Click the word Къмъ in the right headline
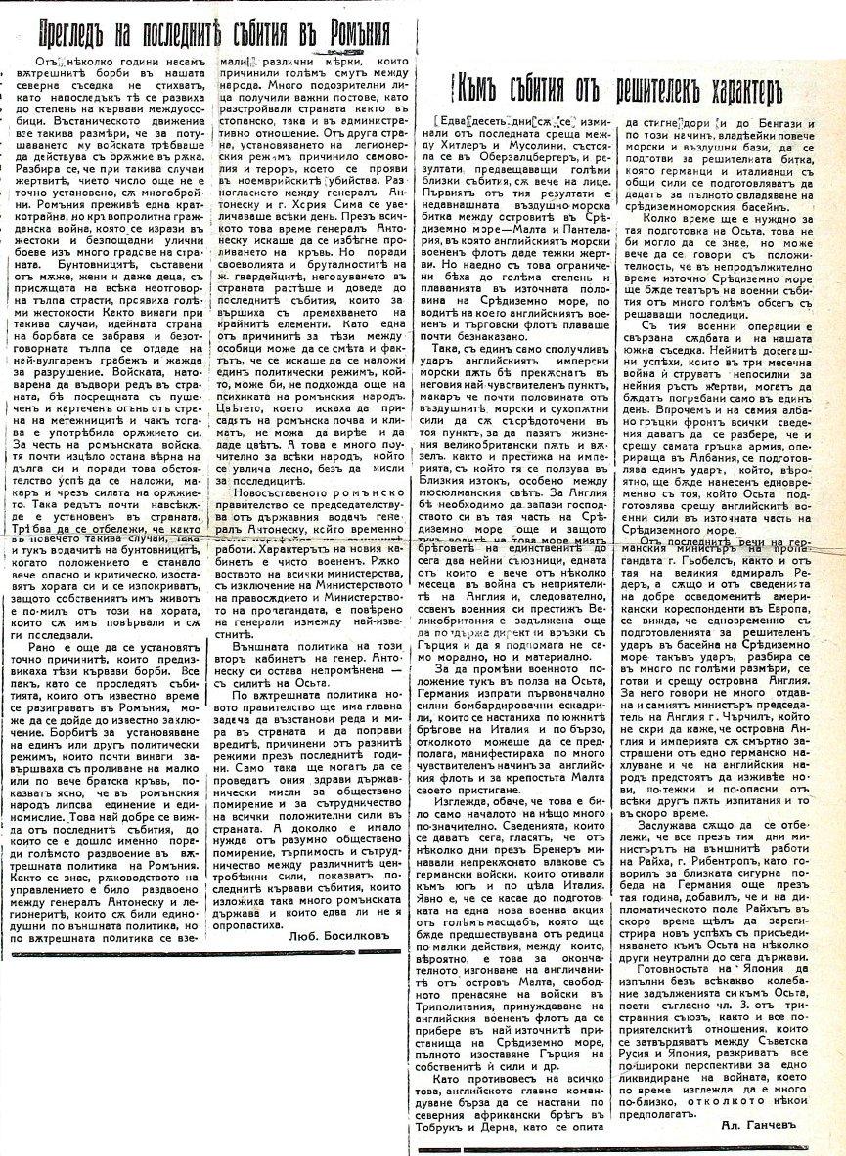(476, 89)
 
